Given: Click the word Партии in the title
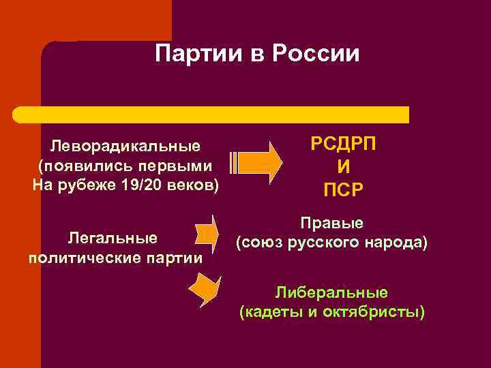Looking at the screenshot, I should pos(195,52).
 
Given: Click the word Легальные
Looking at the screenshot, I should pos(113,238).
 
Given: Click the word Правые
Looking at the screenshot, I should pos(332,223).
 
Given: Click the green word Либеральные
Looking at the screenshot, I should pos(331,293).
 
